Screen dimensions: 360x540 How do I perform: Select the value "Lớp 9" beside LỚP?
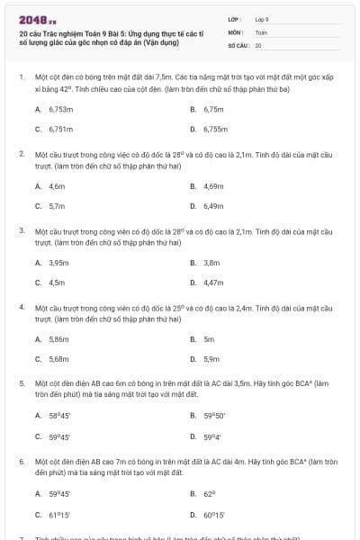pos(262,18)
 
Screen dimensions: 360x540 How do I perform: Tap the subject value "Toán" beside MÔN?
pos(261,31)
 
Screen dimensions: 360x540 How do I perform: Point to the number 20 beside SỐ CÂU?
pos(258,44)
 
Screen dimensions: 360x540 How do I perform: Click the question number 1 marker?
pos(21,77)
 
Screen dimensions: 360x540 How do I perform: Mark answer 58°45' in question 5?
pos(59,415)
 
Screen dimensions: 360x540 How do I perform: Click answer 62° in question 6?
pos(210,494)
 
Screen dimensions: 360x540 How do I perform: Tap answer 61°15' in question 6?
pos(59,514)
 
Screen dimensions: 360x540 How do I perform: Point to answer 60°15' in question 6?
pos(214,514)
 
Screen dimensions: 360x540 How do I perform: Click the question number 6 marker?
pos(21,460)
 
